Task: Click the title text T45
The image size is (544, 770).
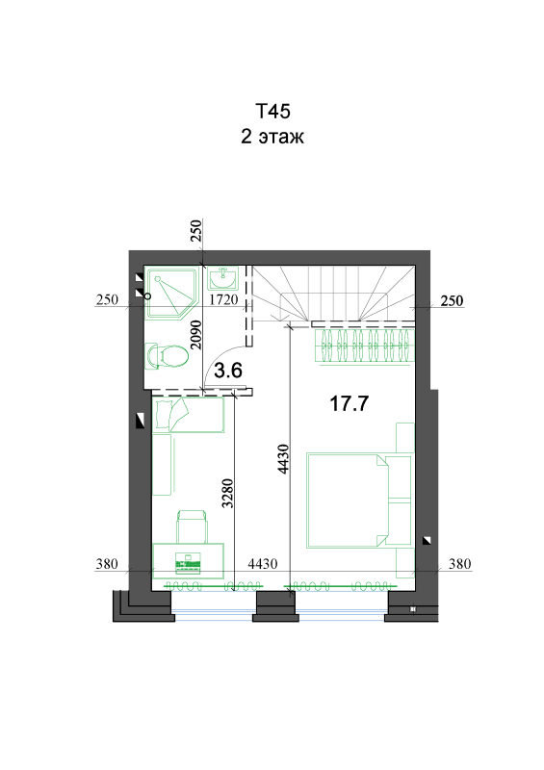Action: coord(272,111)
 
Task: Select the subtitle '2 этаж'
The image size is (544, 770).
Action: coord(272,136)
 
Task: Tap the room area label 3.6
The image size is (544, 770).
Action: coord(228,370)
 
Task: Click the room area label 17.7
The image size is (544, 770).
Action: coord(349,403)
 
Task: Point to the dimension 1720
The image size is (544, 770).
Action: coord(223,299)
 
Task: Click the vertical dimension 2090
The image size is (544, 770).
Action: coord(195,334)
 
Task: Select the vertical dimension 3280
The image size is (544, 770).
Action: coord(227,493)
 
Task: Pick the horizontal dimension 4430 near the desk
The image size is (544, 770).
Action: coord(263,563)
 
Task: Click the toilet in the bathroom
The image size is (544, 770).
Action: coord(168,355)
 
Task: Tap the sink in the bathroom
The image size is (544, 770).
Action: coord(222,278)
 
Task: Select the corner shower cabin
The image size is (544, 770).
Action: coord(171,292)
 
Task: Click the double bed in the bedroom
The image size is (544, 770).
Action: coord(359,500)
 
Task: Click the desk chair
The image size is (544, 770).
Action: coord(192,526)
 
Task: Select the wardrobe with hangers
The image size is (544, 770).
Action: coord(364,346)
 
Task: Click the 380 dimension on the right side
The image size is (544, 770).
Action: coord(460,563)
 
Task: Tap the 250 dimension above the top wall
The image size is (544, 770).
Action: coord(195,231)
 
